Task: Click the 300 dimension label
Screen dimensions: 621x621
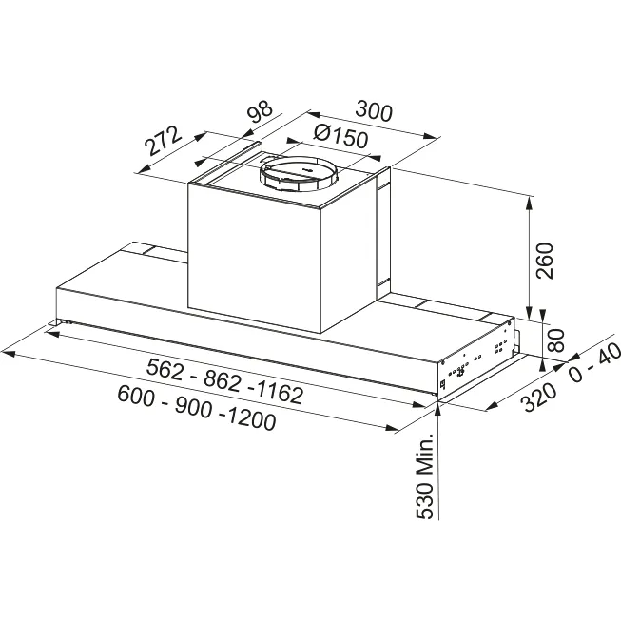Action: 374,111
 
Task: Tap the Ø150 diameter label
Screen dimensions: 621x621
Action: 340,137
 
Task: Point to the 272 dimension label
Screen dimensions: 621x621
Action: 163,141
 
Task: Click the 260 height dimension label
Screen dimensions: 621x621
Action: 544,261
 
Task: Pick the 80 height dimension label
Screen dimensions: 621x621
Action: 555,340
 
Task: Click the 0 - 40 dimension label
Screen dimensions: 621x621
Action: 595,362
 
